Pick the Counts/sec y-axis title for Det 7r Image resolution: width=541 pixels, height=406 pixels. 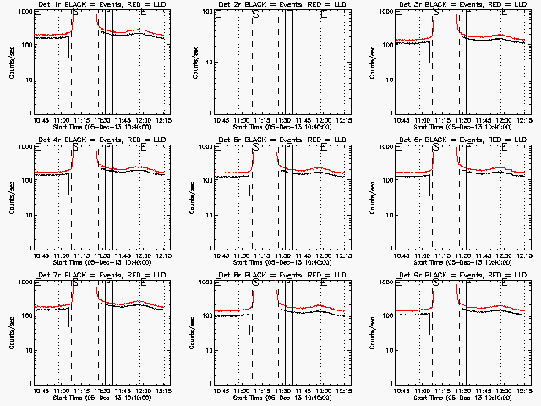(x=14, y=333)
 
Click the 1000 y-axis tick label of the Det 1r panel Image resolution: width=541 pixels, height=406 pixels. (x=25, y=14)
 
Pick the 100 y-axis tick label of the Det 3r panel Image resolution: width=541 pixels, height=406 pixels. (x=387, y=47)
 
